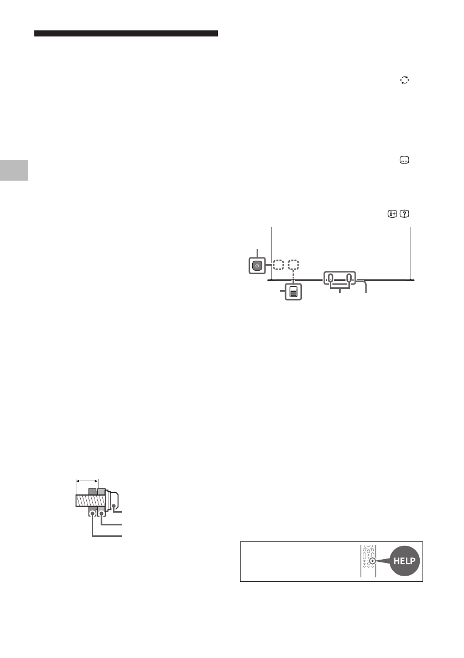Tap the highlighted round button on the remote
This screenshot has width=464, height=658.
[373, 561]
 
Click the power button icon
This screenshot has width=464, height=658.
[256, 265]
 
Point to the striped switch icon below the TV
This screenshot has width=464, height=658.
[293, 292]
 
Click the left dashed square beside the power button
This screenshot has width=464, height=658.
[278, 265]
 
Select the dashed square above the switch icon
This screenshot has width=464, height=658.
[294, 265]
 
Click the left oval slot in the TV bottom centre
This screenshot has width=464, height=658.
[331, 278]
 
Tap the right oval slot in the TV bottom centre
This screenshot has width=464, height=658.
[350, 278]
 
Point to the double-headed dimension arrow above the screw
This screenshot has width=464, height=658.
[87, 481]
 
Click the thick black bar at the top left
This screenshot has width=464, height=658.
[126, 34]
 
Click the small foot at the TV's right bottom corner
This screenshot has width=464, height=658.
[411, 280]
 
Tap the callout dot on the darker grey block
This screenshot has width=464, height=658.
[92, 513]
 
